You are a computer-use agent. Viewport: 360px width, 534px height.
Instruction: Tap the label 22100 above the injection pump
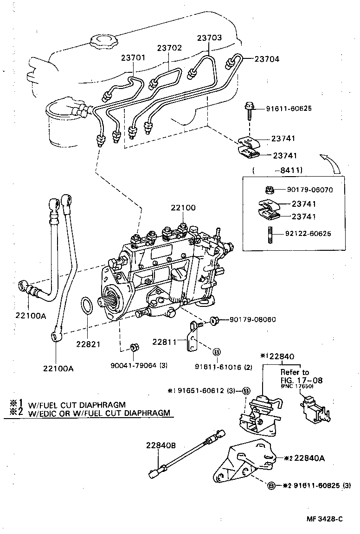(x=182, y=208)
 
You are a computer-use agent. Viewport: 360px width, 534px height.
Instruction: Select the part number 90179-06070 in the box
(x=309, y=190)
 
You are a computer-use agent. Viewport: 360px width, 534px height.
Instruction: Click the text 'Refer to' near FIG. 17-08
(x=295, y=372)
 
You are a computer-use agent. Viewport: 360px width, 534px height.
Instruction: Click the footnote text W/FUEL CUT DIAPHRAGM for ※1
(x=77, y=404)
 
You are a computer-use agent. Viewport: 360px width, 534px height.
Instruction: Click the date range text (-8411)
(x=272, y=171)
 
